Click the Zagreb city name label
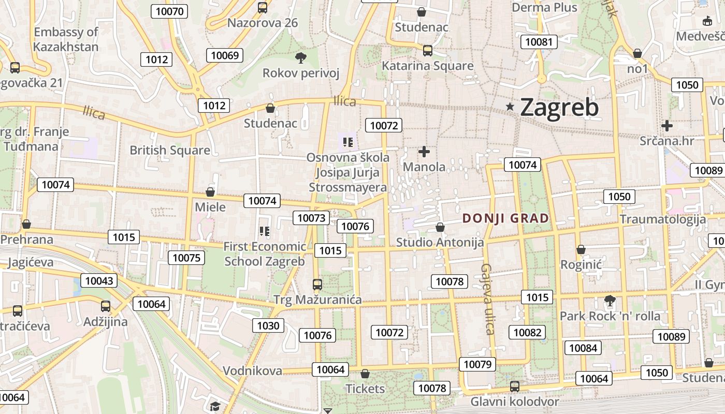(559, 108)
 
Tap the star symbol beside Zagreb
(510, 107)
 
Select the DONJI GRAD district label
(505, 218)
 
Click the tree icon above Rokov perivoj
(300, 57)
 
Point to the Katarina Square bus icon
(428, 51)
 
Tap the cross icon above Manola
(424, 152)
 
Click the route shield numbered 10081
(539, 42)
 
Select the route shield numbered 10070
(169, 11)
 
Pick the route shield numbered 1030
(268, 326)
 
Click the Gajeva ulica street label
(488, 299)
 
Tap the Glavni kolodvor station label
(514, 402)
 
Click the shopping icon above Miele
(210, 192)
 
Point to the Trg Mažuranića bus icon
(317, 285)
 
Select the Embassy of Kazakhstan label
(66, 39)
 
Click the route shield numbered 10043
(98, 280)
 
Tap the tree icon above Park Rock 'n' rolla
(610, 300)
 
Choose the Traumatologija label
(662, 219)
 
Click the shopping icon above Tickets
(365, 374)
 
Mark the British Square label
(170, 150)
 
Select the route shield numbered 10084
(583, 348)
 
